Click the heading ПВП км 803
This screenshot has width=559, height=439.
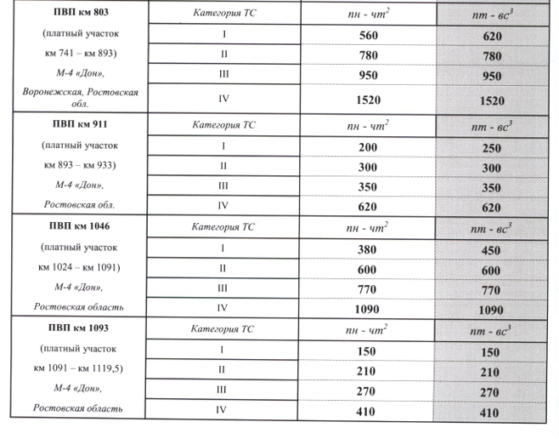[78, 14]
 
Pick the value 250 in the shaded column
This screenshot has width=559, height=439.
[492, 148]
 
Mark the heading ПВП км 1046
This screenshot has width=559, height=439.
[78, 227]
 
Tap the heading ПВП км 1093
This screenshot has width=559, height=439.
[78, 327]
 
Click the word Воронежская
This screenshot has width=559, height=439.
[54, 91]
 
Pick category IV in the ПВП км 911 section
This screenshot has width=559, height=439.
[223, 205]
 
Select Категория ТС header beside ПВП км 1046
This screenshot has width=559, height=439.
[223, 227]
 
